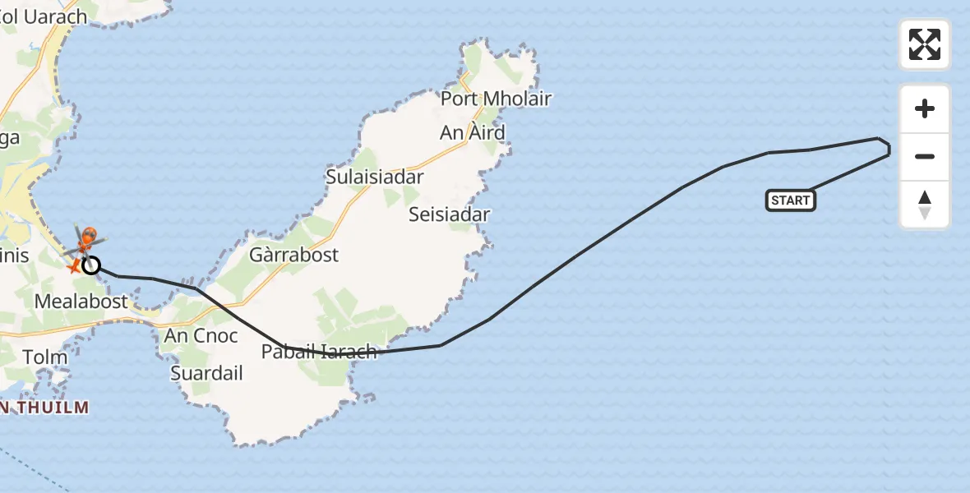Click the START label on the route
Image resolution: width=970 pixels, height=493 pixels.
[x=790, y=200]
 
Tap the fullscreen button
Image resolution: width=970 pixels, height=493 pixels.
[x=925, y=44]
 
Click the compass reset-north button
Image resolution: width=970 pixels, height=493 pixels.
[x=925, y=205]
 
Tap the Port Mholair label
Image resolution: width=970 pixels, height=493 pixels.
[x=496, y=99]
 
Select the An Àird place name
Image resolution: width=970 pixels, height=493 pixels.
[x=473, y=132]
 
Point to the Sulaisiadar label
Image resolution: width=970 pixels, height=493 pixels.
[x=375, y=177]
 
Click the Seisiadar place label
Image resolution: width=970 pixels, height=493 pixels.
[x=450, y=214]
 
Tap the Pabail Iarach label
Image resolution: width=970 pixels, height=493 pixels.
[x=319, y=352]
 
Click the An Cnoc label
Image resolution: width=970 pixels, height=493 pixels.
[x=201, y=335]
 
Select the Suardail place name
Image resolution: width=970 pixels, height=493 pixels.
[x=207, y=373]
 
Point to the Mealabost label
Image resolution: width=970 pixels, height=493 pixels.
[x=81, y=302]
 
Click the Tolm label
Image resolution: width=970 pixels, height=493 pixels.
[x=45, y=357]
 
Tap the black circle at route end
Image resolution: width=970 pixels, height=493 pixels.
[x=91, y=265]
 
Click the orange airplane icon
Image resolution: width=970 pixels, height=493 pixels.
[x=74, y=266]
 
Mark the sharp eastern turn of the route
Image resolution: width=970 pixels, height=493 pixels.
[x=888, y=149]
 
